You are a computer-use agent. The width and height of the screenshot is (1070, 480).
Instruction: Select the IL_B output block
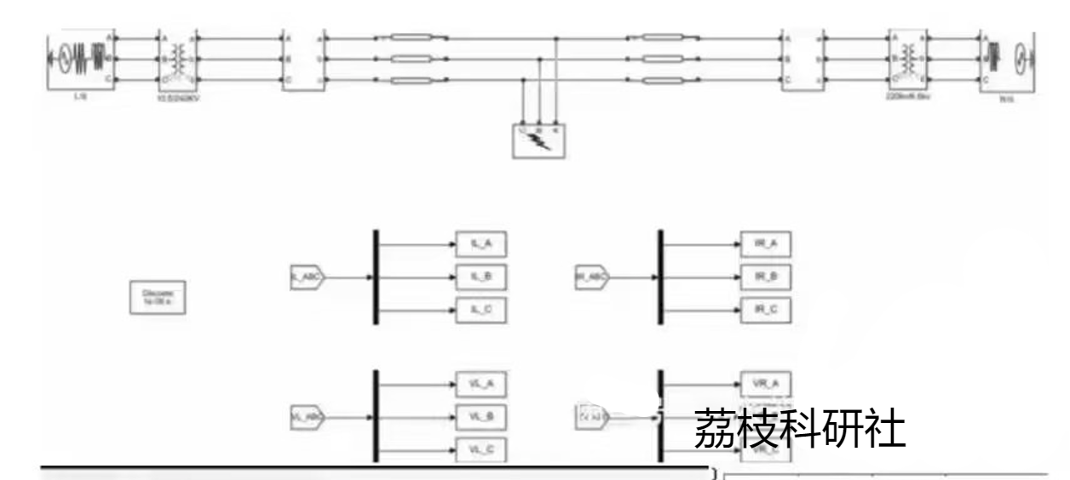coord(480,277)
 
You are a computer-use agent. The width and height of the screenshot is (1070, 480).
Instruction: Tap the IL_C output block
coord(480,311)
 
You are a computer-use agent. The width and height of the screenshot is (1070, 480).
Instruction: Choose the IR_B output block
coord(766,277)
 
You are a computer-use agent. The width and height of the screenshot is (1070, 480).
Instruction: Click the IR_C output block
coord(766,311)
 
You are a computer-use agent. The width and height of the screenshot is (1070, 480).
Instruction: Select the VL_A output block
coord(480,385)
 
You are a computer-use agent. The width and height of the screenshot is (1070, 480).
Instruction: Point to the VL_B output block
coord(480,417)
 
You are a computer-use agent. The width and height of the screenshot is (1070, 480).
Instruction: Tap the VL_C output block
coord(480,449)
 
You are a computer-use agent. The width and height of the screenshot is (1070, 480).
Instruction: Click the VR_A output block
coord(766,385)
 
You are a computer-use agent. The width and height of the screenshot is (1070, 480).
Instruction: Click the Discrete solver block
coord(158,296)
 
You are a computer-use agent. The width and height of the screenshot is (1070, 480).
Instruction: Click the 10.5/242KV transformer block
coord(178,60)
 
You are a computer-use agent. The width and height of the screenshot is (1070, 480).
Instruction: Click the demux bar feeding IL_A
coord(375,277)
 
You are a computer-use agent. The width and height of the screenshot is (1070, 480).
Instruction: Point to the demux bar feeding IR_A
coord(660,277)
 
